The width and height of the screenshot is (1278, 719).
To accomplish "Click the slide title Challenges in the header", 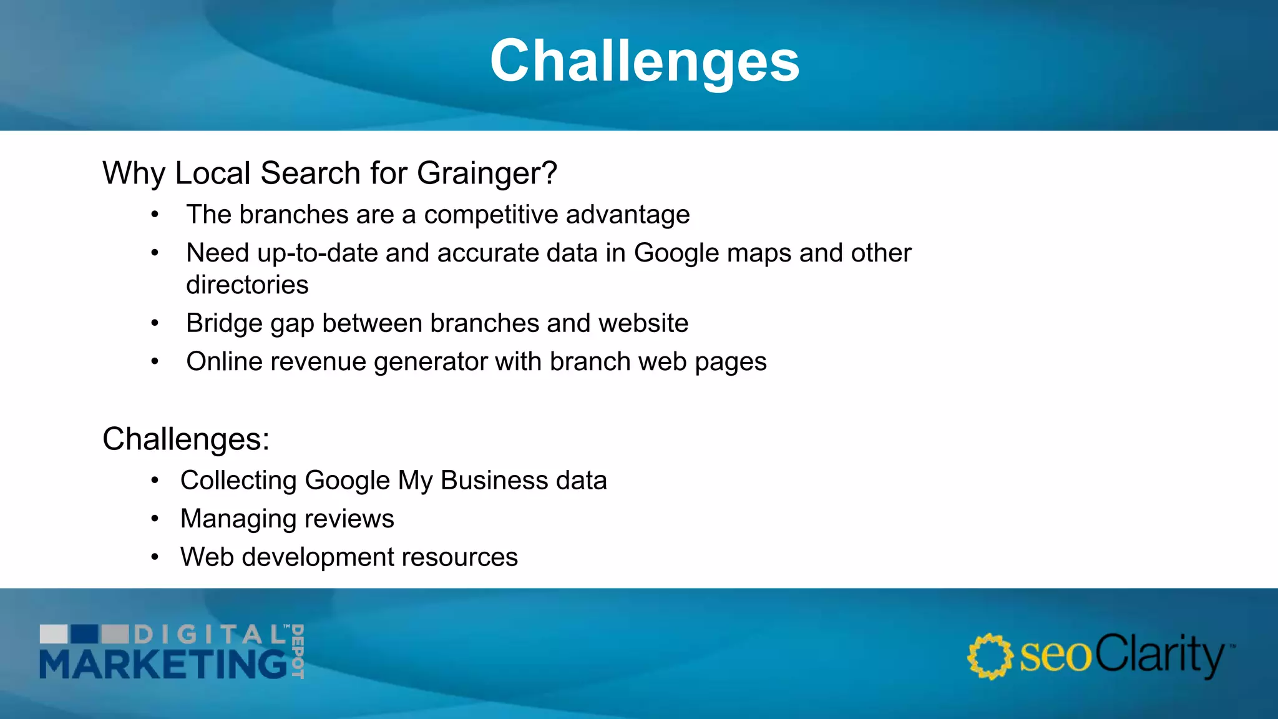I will (645, 61).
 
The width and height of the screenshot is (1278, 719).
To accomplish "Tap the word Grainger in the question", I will (487, 174).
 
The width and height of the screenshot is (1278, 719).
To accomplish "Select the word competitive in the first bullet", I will (490, 215).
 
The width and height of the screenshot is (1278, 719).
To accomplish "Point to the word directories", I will (247, 285).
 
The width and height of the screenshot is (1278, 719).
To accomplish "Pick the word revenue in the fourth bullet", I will (325, 362).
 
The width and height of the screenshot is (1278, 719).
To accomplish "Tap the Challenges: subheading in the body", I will (186, 439).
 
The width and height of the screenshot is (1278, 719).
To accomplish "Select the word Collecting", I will (238, 481).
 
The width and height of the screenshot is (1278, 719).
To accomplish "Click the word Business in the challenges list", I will (494, 481).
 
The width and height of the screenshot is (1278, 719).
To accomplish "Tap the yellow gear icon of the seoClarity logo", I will (990, 657).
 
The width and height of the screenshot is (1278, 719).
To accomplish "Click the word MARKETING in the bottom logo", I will (163, 663).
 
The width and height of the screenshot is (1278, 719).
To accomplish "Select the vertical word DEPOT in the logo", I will (298, 651).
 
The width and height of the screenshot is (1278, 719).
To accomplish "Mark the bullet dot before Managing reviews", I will (155, 519).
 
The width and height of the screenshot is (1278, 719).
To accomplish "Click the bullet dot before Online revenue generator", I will (155, 361).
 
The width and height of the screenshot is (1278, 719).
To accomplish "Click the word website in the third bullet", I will (643, 323).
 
